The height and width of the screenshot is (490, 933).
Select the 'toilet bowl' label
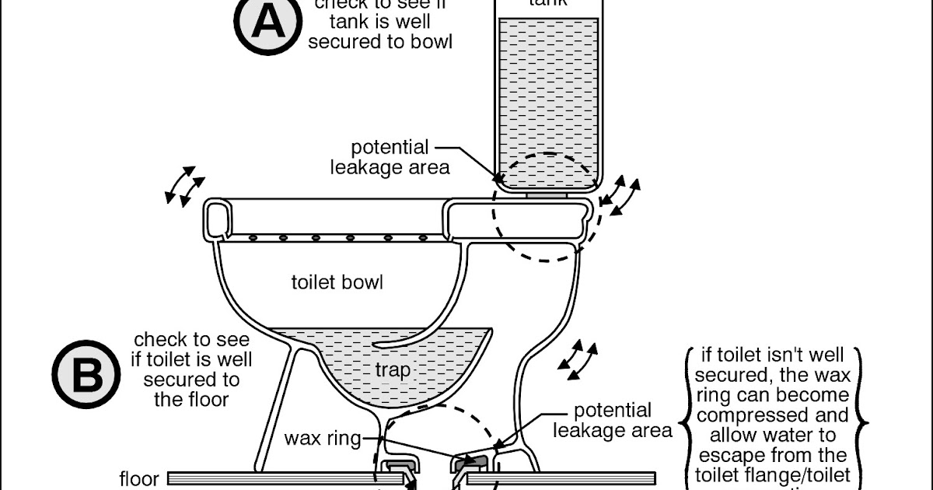click(x=337, y=282)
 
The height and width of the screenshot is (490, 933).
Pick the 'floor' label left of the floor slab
click(x=139, y=478)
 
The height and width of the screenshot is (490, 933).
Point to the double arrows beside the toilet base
click(x=582, y=359)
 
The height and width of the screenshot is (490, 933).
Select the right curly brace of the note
click(x=863, y=416)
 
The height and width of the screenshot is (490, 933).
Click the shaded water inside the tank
click(x=548, y=101)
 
